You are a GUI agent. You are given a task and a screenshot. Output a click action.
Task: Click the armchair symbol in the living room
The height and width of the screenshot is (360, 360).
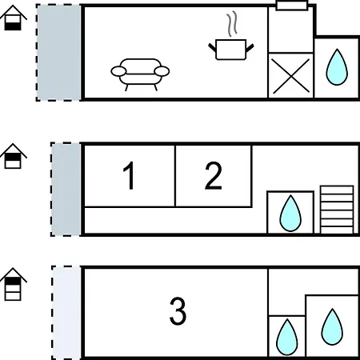coord(140,74)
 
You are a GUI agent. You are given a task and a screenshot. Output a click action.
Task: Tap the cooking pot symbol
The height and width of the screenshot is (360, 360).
coord(231,50)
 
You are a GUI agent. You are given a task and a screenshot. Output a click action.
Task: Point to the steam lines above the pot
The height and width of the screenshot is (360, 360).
coord(232,24)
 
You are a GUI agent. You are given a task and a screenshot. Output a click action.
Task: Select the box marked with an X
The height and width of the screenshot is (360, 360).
coord(291,75)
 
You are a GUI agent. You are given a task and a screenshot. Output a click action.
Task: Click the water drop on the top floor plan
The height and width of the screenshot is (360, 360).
coord(337,67)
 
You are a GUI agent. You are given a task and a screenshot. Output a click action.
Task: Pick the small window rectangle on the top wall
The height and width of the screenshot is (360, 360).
coord(292,6)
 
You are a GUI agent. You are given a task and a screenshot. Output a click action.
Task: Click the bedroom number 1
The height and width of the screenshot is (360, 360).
coord(129,176)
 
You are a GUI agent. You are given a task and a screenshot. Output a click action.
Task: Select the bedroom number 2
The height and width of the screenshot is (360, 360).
coord(213,176)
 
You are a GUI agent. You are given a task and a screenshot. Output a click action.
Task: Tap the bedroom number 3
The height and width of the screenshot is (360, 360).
coord(178,311)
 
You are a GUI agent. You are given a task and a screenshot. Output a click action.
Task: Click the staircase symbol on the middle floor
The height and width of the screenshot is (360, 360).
coord(337,210)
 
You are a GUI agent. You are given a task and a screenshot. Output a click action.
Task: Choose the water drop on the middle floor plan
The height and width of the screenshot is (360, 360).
coord(290,214)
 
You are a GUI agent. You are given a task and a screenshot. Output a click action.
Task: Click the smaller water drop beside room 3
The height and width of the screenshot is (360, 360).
coord(287,337)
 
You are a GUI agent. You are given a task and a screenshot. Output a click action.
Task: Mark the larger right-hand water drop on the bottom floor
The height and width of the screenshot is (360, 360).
coord(332,327)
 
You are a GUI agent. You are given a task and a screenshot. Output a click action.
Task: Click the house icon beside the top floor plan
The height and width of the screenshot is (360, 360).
coord(13,18)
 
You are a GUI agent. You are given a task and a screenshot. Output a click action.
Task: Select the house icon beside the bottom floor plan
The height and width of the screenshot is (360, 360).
coord(13,284)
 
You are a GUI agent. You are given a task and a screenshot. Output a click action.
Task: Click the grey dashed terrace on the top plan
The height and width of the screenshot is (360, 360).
coord(58,53)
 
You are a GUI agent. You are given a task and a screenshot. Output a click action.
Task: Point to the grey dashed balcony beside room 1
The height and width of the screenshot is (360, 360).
coord(66,190)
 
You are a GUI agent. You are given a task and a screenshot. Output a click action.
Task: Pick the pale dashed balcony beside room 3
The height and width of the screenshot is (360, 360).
coord(66,313)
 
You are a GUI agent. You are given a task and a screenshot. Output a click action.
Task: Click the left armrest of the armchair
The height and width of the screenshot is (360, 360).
coord(118,71)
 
